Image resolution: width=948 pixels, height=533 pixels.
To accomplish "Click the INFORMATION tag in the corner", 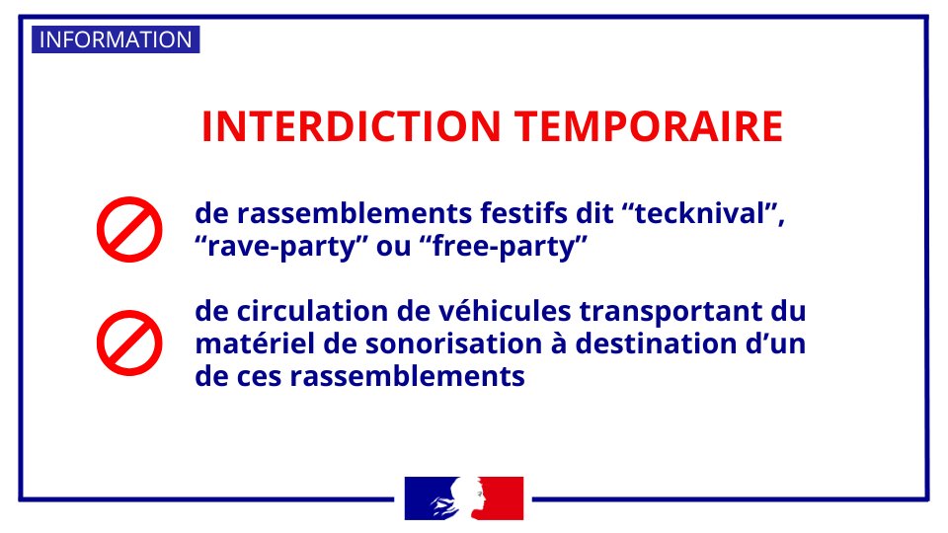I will coord(116,40).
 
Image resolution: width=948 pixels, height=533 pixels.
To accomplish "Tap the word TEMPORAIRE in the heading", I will coord(649,126).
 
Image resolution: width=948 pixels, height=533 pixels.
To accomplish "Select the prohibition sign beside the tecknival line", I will coord(128,229).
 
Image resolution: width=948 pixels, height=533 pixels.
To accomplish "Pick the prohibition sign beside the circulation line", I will coord(128,343).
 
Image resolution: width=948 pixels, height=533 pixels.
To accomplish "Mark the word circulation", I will coord(303,312).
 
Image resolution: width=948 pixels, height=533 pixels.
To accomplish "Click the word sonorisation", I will coord(457,344).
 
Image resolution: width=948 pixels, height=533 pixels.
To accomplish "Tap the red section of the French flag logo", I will coord(505,497).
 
